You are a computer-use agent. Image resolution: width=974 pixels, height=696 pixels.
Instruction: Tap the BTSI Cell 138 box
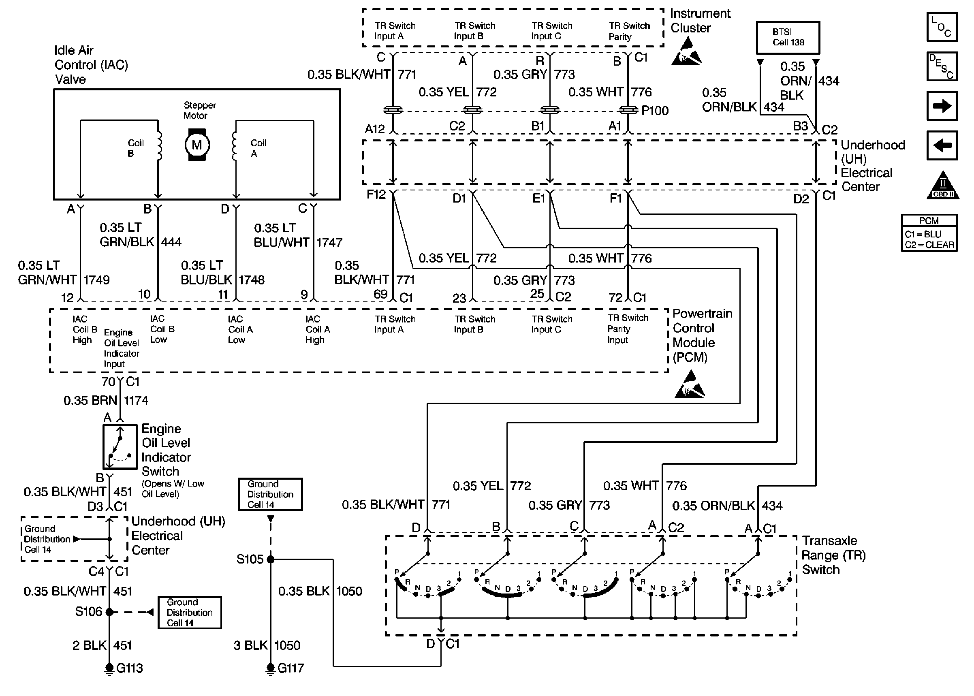point(788,38)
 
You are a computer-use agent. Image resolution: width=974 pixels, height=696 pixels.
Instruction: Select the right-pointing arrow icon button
point(942,105)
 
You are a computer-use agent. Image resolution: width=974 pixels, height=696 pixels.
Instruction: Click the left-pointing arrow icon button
point(942,145)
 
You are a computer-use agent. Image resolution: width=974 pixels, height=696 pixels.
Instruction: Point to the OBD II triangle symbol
point(943,186)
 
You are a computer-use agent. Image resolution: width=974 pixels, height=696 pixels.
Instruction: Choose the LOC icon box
point(942,27)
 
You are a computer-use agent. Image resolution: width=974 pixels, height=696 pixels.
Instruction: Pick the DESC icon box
point(942,66)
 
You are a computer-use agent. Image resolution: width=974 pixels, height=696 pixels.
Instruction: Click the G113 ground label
point(129,668)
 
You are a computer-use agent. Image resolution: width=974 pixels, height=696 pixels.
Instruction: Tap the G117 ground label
point(290,668)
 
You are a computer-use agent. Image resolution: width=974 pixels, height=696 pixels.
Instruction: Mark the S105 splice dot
point(270,559)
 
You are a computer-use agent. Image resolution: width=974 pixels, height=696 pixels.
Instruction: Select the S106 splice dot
point(109,612)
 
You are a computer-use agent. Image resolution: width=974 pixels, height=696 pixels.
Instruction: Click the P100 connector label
point(654,111)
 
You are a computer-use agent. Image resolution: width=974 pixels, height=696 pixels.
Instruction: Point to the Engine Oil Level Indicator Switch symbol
point(120,447)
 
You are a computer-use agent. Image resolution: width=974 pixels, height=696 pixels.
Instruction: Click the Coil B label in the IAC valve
point(135,148)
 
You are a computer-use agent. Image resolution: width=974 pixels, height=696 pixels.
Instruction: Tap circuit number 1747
point(329,243)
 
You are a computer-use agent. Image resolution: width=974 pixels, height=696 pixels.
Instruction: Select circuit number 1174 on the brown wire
point(136,400)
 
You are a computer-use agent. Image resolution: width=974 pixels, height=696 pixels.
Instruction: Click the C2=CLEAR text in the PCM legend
point(929,245)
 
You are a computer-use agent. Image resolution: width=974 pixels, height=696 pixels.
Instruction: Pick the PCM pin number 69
point(380,294)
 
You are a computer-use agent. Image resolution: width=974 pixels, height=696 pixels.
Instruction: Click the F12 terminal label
point(376,194)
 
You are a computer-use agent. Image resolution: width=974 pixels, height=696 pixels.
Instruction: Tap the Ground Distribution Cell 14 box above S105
point(270,494)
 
